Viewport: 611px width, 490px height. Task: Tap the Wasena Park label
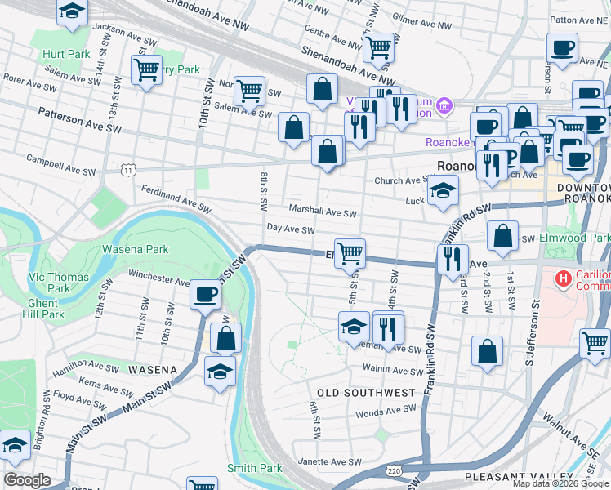click(x=135, y=249)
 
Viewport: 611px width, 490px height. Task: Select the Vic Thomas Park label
click(x=59, y=283)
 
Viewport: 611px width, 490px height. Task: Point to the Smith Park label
click(x=254, y=468)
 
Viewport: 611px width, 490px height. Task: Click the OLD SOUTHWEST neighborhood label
click(x=367, y=393)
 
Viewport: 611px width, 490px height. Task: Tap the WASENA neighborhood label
click(x=153, y=370)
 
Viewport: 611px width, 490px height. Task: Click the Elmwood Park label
click(x=575, y=238)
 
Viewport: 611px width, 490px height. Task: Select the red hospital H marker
click(x=563, y=279)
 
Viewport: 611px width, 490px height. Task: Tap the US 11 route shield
click(x=129, y=169)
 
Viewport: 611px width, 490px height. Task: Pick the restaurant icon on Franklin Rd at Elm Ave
click(x=452, y=259)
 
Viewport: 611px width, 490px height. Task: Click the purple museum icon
click(x=444, y=105)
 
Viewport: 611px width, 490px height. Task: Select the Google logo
click(x=27, y=481)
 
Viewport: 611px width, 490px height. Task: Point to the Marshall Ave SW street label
click(x=322, y=212)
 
